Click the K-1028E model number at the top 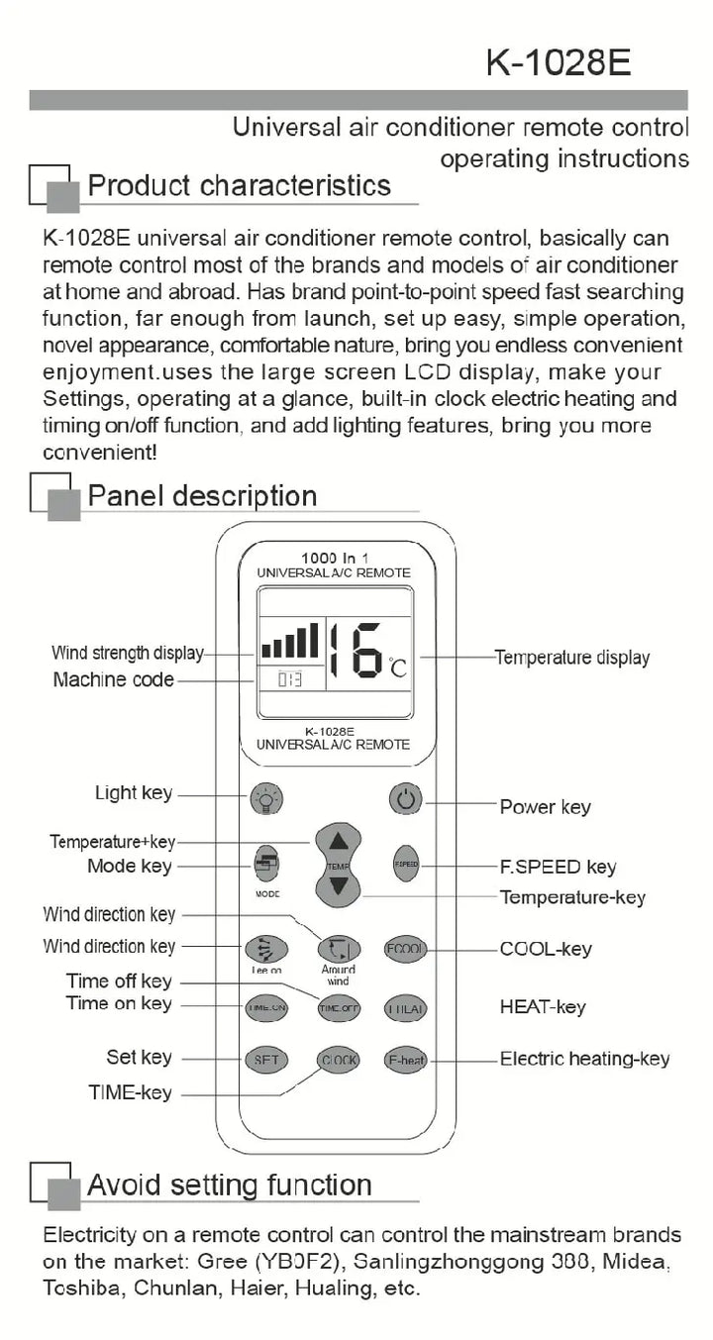tap(559, 62)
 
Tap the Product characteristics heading tap(239, 185)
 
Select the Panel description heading tap(202, 495)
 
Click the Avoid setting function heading tap(230, 1185)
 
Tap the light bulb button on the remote tap(267, 797)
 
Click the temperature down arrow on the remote tap(339, 884)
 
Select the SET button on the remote tap(265, 1060)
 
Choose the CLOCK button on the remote tap(339, 1060)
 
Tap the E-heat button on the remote tap(405, 1060)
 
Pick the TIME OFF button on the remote tap(339, 1008)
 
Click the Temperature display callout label tap(572, 658)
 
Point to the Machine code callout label tap(113, 679)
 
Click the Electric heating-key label tap(584, 1059)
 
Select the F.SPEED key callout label tap(558, 867)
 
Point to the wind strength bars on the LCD tap(290, 642)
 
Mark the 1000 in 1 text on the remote tap(334, 559)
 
